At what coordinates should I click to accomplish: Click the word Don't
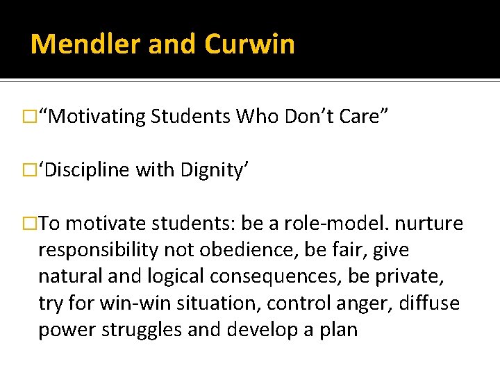point(310,116)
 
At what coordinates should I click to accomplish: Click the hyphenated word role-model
point(320,223)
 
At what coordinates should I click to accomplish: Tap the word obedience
point(264,249)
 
